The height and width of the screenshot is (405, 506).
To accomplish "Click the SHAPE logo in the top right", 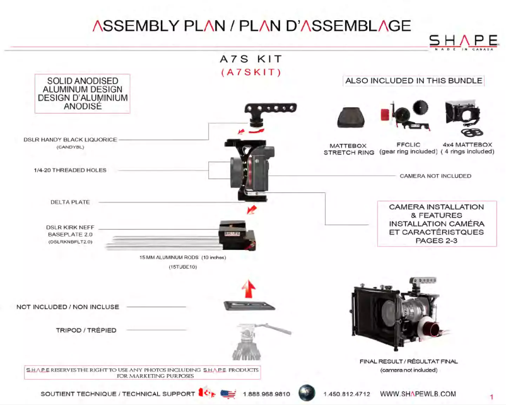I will [463, 42].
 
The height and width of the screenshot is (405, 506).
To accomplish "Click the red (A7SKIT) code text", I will [251, 73].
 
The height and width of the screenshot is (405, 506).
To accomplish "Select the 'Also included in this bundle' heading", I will [414, 81].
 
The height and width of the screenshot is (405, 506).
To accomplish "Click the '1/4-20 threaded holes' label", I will [70, 170].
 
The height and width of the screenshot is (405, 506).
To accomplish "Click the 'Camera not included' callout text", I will [435, 176].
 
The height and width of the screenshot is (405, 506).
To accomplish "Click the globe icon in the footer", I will [307, 392].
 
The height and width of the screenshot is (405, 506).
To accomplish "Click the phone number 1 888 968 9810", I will [266, 394].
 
